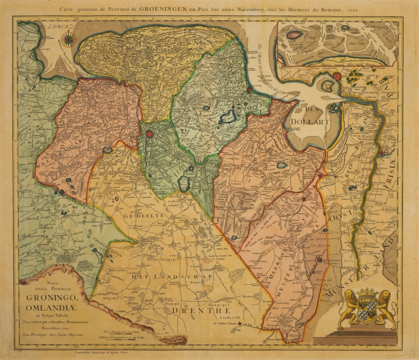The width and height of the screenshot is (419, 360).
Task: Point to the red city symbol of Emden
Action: [336, 76]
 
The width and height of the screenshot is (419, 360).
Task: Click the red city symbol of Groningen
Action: [150, 134]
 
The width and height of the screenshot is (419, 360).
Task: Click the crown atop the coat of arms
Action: [369, 291]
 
